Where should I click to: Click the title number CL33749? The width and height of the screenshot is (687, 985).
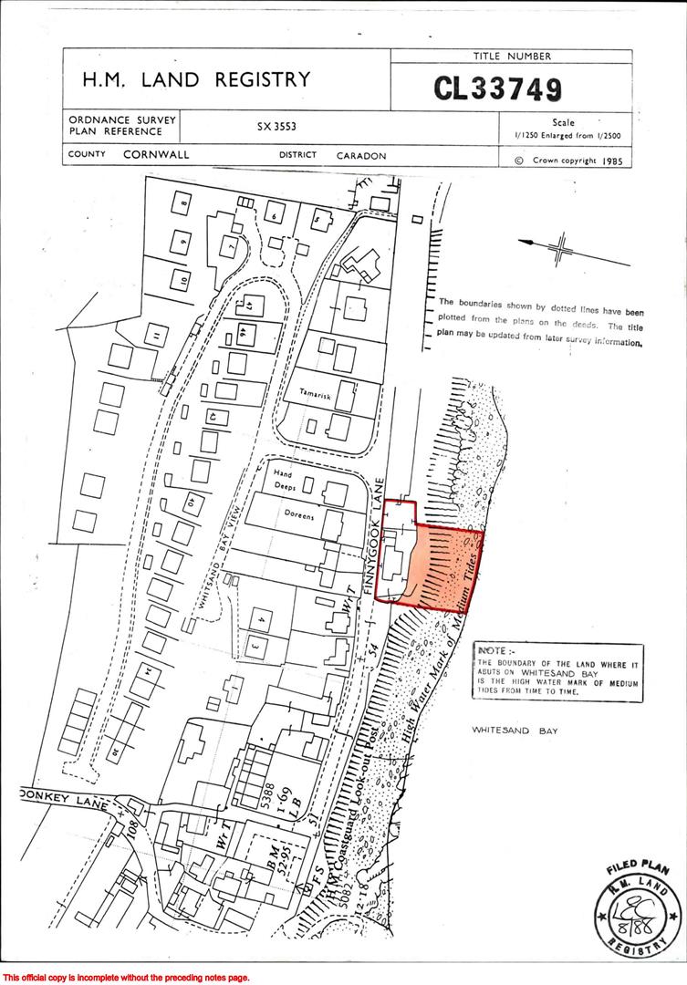[x=497, y=88]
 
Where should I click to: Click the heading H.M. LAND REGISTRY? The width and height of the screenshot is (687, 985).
[x=196, y=80]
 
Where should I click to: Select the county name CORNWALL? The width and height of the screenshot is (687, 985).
[x=156, y=155]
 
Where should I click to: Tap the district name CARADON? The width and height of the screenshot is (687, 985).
[x=361, y=156]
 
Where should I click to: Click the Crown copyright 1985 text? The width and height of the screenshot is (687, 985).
[x=567, y=159]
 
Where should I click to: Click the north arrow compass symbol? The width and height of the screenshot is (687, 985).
[x=562, y=246]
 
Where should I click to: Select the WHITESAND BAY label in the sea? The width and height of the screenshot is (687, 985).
[x=515, y=731]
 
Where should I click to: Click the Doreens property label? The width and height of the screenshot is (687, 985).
[x=298, y=515]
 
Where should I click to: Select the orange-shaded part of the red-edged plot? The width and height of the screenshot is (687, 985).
[x=443, y=566]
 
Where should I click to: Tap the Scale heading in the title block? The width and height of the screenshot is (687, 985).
[x=564, y=122]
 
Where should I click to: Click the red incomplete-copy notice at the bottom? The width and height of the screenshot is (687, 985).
[x=125, y=978]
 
